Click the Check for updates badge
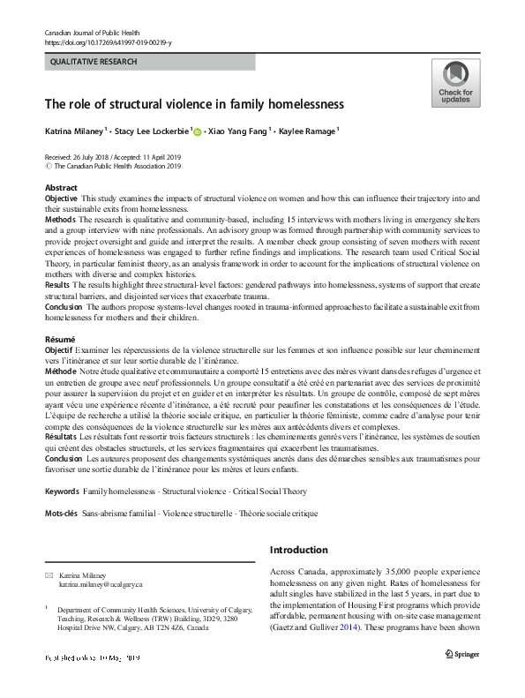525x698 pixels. [x=455, y=83]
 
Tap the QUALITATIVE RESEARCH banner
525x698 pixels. [x=149, y=63]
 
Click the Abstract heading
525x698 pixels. [x=61, y=188]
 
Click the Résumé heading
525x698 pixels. [x=60, y=339]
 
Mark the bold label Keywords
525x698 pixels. [x=62, y=490]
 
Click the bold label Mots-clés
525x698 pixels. [x=64, y=513]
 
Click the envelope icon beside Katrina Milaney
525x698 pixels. [x=49, y=574]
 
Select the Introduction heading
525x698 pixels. [x=298, y=550]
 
